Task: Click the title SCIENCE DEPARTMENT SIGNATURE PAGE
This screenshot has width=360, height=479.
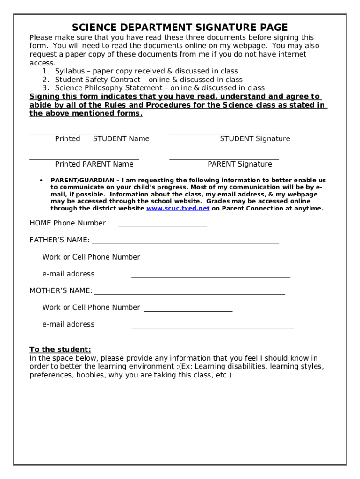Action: pyautogui.click(x=180, y=27)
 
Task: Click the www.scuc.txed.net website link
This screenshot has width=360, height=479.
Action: pyautogui.click(x=178, y=209)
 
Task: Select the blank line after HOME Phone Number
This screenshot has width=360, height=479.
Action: pyautogui.click(x=163, y=226)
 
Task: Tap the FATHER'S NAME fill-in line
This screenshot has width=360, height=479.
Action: pyautogui.click(x=185, y=243)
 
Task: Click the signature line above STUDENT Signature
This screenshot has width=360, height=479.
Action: pyautogui.click(x=224, y=134)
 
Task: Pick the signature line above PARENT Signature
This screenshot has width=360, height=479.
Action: pyautogui.click(x=224, y=160)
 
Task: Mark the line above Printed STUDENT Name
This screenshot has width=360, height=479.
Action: pyautogui.click(x=84, y=134)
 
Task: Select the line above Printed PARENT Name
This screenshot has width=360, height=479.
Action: pyautogui.click(x=84, y=160)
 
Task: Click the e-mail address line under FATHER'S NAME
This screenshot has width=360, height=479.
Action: pyautogui.click(x=210, y=277)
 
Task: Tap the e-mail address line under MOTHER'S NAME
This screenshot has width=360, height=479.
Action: pyautogui.click(x=212, y=328)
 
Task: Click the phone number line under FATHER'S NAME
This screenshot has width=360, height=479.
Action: pyautogui.click(x=188, y=261)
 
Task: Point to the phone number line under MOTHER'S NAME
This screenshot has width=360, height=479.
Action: pyautogui.click(x=188, y=311)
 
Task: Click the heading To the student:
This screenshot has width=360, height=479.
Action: pyautogui.click(x=60, y=350)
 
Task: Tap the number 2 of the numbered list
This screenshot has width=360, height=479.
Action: pyautogui.click(x=45, y=80)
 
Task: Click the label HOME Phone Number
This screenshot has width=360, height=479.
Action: pyautogui.click(x=68, y=223)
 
